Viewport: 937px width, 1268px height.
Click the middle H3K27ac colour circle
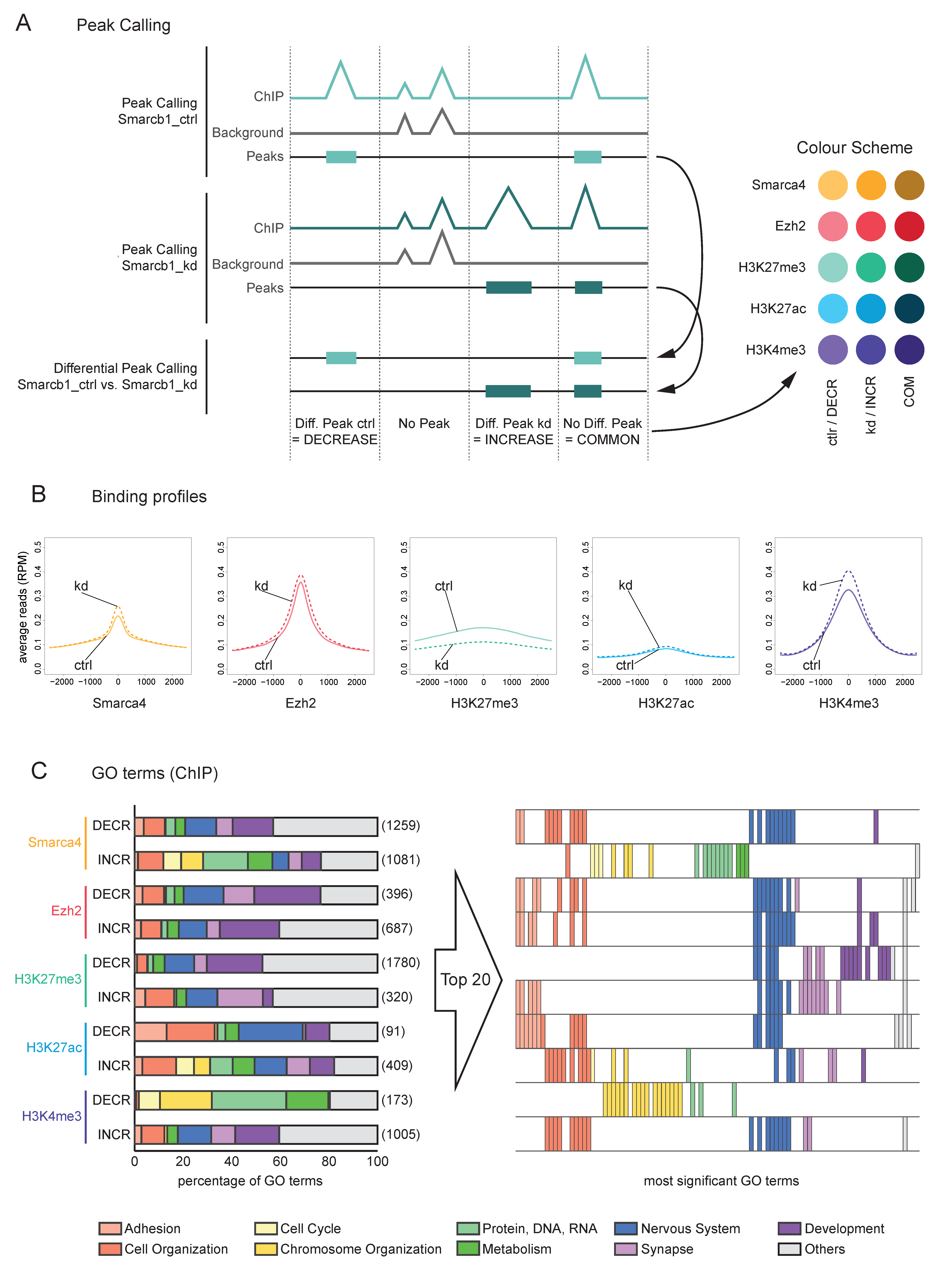(x=871, y=308)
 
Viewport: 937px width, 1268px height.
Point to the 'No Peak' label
(x=424, y=424)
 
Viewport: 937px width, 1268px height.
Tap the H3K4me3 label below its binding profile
(x=848, y=703)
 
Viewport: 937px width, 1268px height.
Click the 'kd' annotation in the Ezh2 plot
(x=261, y=586)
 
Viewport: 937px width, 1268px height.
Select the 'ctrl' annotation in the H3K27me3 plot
(x=443, y=586)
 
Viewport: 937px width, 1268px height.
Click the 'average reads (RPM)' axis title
(x=23, y=607)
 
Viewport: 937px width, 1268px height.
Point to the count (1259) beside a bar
(x=401, y=826)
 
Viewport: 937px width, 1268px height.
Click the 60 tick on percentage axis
(x=280, y=1161)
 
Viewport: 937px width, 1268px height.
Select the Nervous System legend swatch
(x=626, y=1228)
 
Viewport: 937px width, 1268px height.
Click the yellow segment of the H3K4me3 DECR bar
(x=185, y=1100)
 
